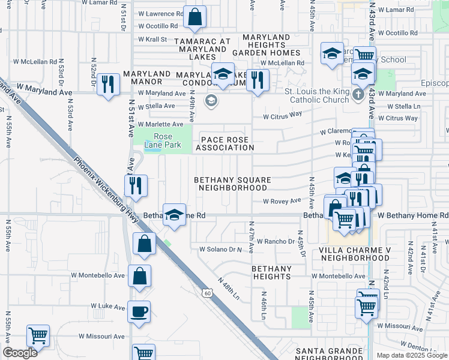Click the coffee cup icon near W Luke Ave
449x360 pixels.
139,312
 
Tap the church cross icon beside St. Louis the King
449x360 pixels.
358,95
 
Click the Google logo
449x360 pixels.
20,353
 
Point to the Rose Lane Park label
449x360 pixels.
158,140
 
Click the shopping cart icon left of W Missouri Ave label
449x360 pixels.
38,336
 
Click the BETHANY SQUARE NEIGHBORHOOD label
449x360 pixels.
232,184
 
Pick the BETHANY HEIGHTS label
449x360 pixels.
272,272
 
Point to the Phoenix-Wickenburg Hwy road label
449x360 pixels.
107,190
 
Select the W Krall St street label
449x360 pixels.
152,39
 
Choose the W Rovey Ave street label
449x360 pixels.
282,202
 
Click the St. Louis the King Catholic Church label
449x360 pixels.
316,95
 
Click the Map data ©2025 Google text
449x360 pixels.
411,355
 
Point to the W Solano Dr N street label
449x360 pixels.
220,248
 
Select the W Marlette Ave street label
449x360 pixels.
161,124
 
